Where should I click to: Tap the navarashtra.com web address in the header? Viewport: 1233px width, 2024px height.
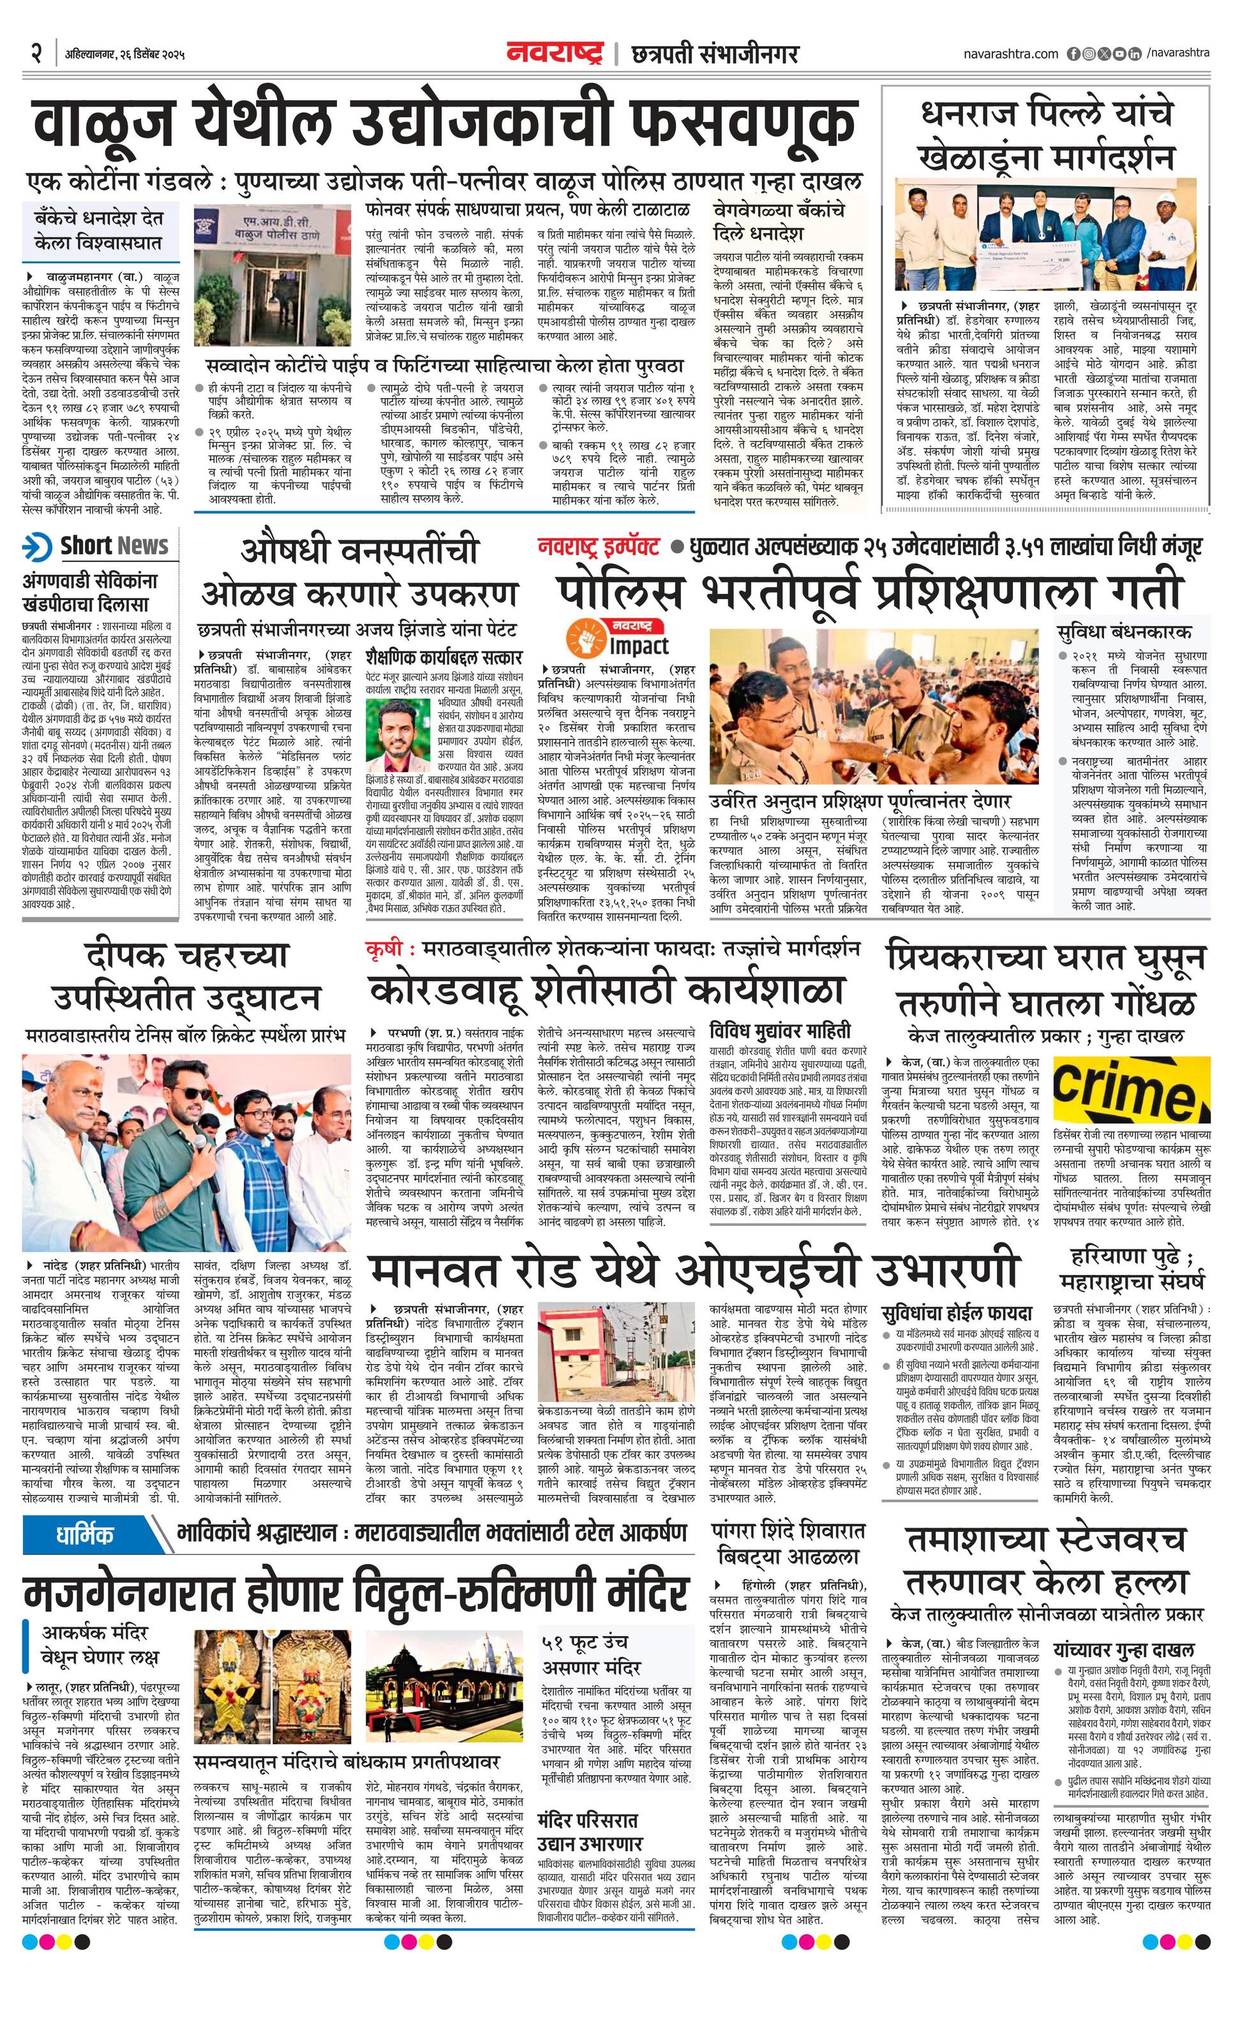click(1010, 54)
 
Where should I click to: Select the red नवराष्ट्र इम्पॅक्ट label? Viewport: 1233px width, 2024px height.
click(599, 546)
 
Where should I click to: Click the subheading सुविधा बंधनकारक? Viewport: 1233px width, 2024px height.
click(1124, 632)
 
